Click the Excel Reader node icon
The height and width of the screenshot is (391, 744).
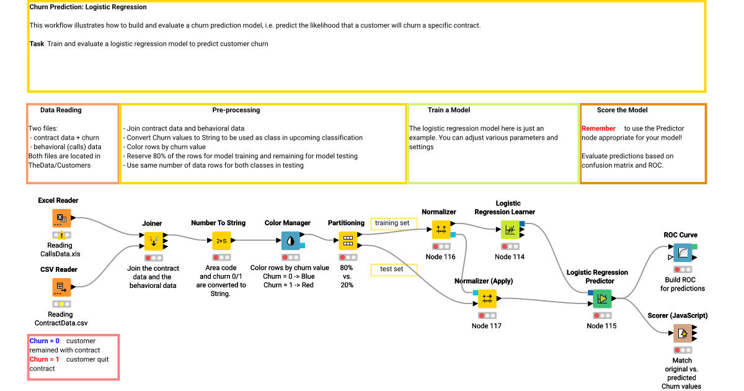(61, 218)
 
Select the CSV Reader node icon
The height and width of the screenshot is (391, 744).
(61, 287)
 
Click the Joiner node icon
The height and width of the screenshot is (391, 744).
(153, 240)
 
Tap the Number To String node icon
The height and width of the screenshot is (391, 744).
(221, 240)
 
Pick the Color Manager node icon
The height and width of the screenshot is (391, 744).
(290, 240)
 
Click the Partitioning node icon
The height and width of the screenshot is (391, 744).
(347, 240)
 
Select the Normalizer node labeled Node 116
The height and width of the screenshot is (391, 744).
(441, 229)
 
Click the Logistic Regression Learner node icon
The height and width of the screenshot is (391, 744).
(510, 229)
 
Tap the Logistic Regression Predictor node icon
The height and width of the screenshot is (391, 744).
(601, 299)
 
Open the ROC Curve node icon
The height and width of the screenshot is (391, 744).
(682, 253)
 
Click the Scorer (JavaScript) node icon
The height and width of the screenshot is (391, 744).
(682, 333)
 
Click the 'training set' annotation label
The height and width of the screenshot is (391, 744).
(392, 223)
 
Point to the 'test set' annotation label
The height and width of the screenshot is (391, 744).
(392, 269)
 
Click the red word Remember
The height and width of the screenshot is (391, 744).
(598, 128)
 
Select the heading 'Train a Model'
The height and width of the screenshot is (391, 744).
(448, 110)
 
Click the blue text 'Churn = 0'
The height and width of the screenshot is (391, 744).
(45, 341)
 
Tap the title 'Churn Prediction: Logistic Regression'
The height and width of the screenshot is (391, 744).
(88, 7)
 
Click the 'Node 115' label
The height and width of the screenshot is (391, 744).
(601, 326)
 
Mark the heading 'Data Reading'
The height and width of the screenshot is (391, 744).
(61, 110)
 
